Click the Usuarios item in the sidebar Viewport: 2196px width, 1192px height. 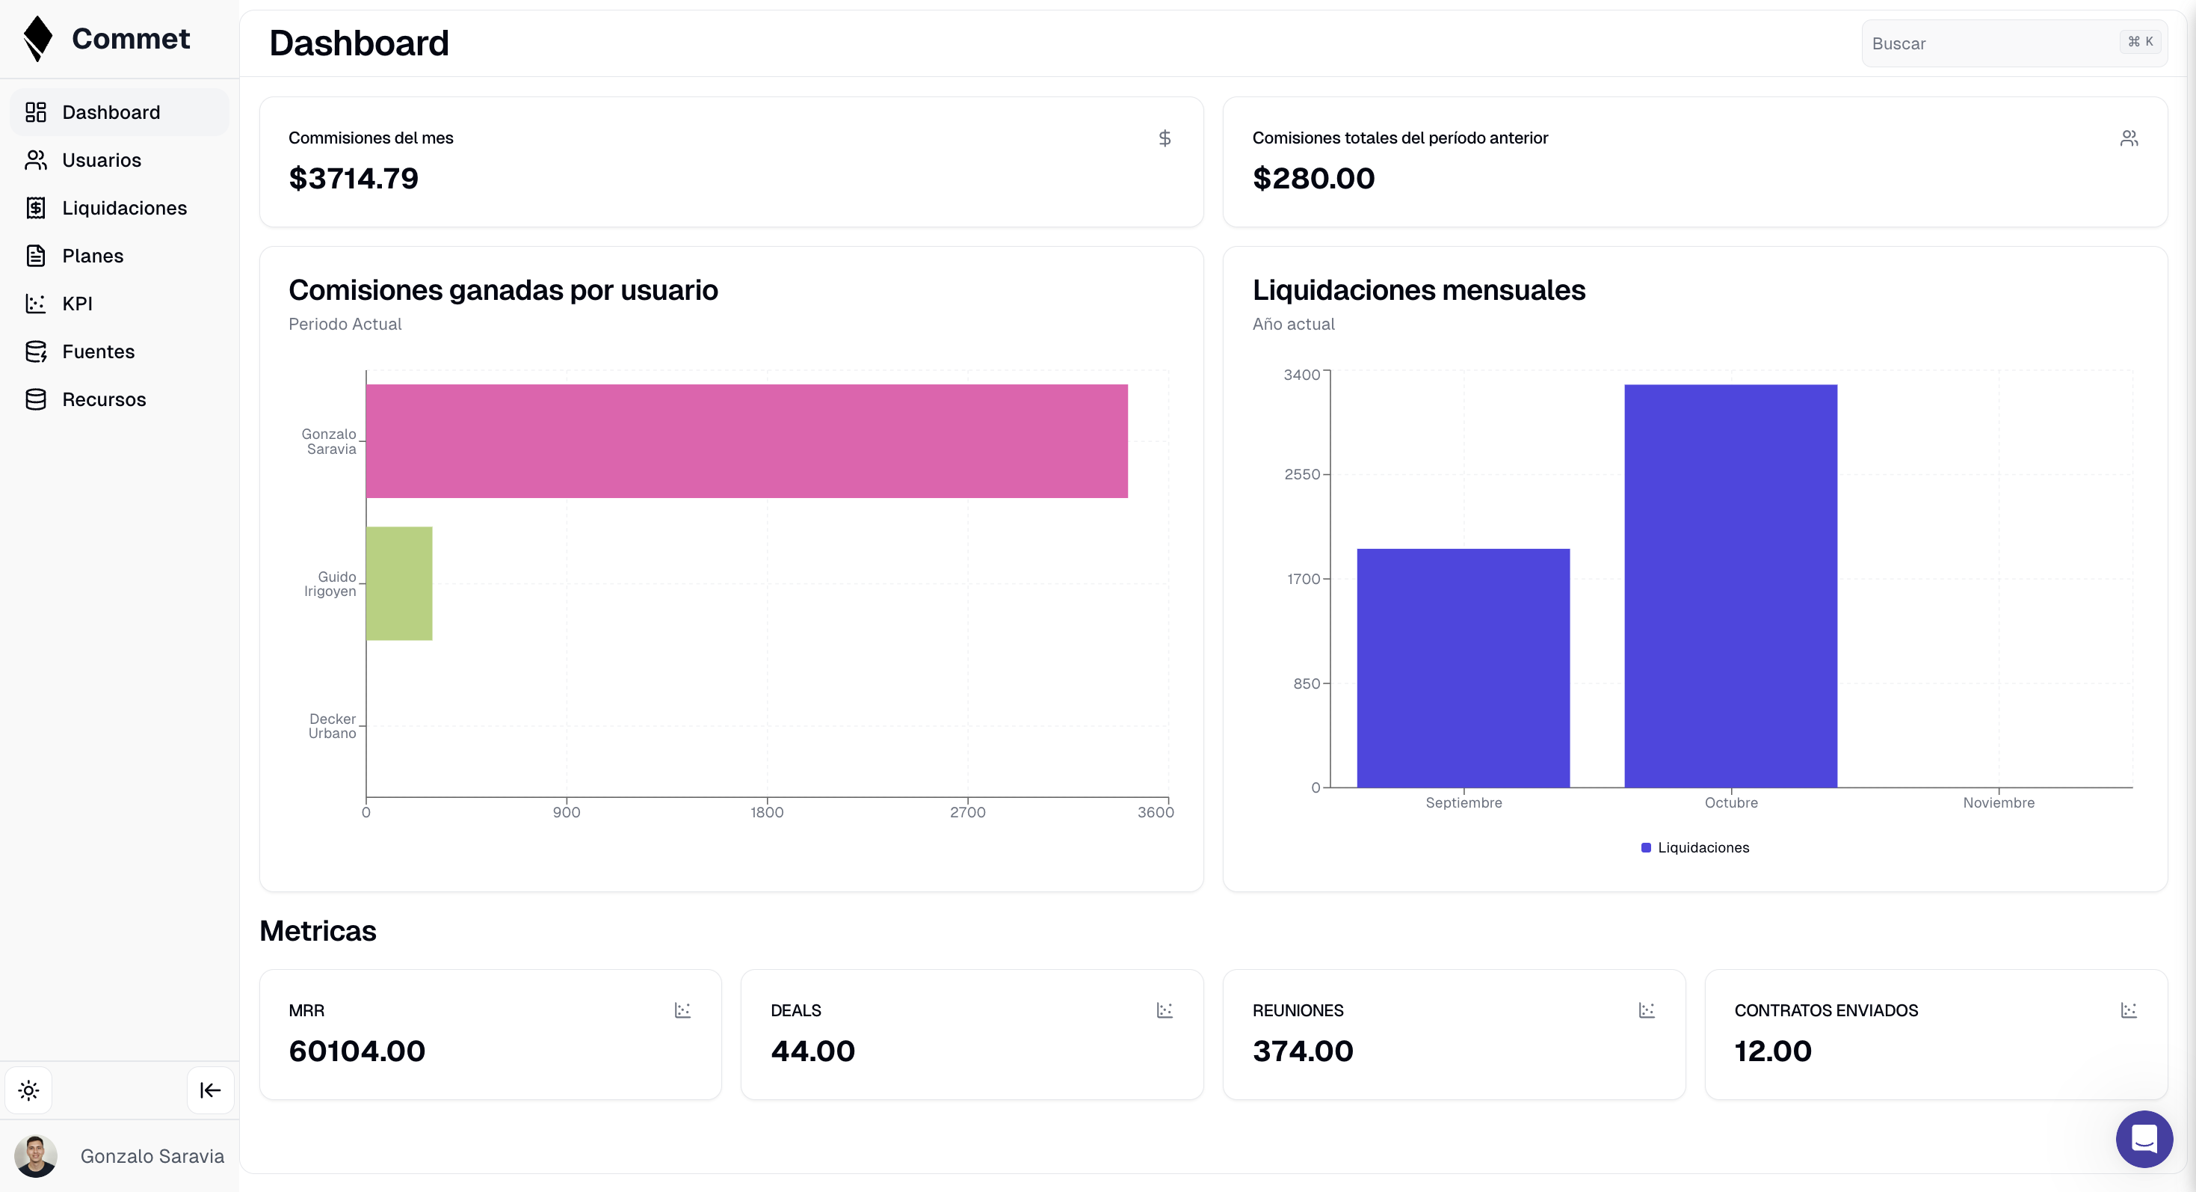tap(101, 160)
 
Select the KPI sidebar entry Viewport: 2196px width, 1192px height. tap(77, 304)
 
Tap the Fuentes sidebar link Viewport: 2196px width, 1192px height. tap(98, 351)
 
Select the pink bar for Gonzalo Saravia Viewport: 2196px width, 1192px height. tap(746, 440)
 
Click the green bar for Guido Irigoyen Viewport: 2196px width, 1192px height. tap(399, 583)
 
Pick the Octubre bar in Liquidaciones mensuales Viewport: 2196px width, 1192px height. tap(1730, 586)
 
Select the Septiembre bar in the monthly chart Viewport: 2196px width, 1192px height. tap(1463, 668)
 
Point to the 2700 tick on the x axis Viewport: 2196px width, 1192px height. tap(967, 811)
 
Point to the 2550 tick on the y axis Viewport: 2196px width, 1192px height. tap(1302, 474)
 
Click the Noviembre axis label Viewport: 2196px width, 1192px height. tap(1997, 802)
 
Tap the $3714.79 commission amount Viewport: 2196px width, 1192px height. tap(353, 178)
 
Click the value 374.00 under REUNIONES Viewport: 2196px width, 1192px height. tap(1302, 1051)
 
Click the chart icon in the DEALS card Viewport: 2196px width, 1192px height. tap(1164, 1010)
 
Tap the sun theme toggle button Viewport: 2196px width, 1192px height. tap(29, 1090)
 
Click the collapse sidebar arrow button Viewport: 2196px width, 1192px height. tap(210, 1090)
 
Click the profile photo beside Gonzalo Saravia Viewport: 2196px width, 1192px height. tap(36, 1155)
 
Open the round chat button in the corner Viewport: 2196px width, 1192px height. tap(2143, 1138)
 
